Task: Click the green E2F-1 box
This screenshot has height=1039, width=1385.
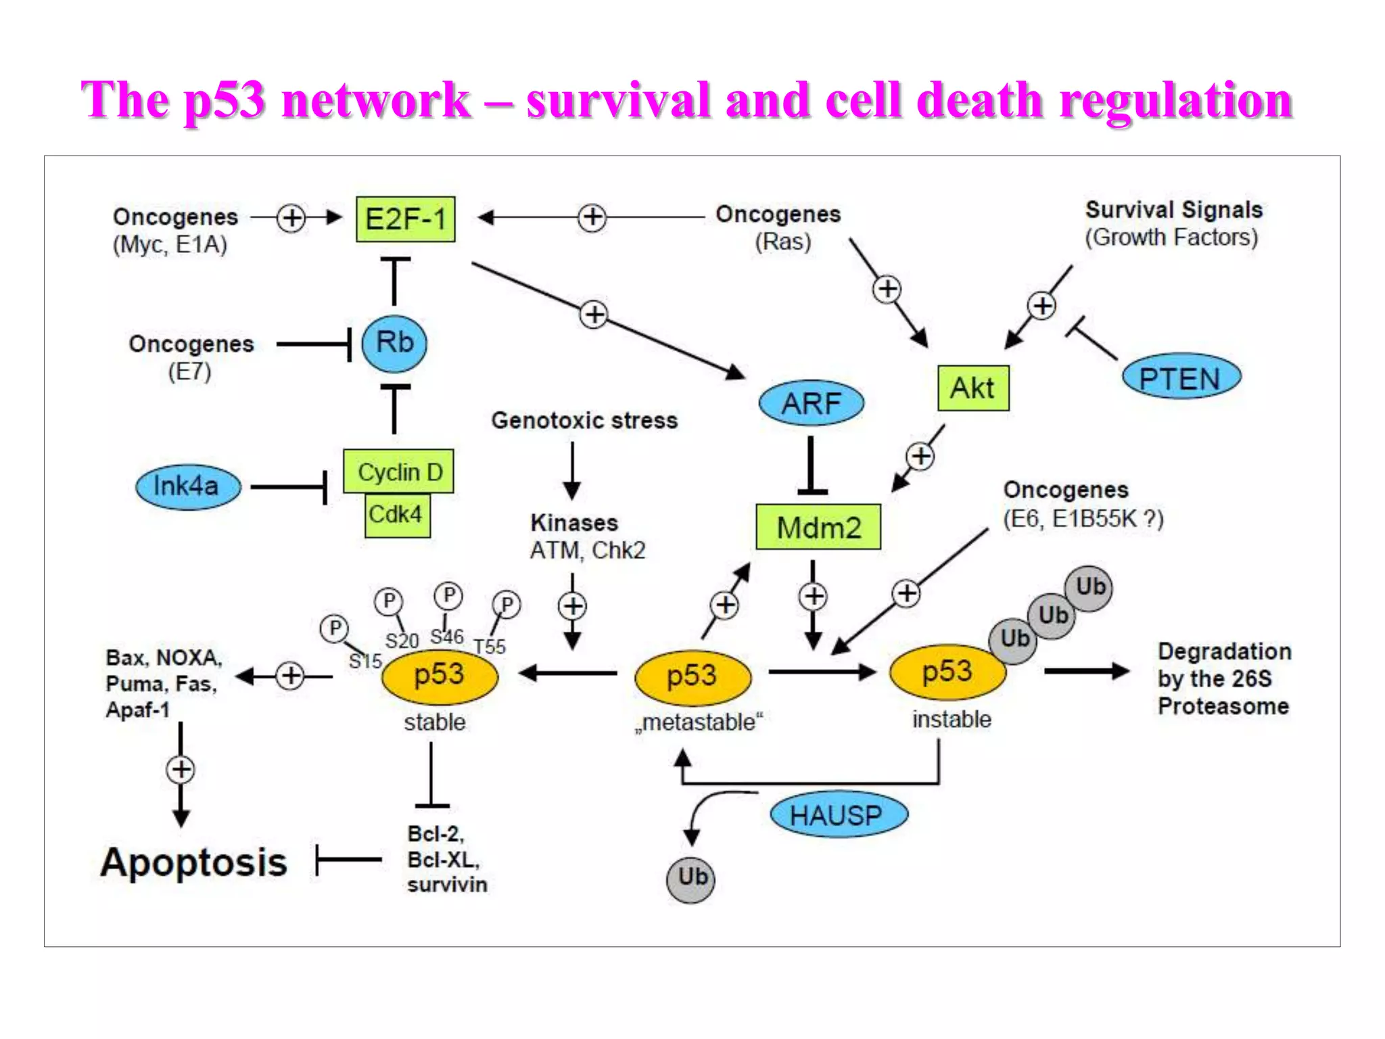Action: pyautogui.click(x=405, y=219)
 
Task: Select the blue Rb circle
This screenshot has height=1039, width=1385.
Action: pyautogui.click(x=394, y=343)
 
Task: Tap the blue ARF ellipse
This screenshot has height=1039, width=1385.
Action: pyautogui.click(x=811, y=403)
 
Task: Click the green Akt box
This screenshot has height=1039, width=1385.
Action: pyautogui.click(x=972, y=388)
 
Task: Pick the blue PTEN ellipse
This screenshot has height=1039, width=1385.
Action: pyautogui.click(x=1181, y=377)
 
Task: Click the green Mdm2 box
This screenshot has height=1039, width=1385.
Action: pyautogui.click(x=818, y=527)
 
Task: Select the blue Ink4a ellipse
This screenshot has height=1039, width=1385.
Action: pyautogui.click(x=187, y=486)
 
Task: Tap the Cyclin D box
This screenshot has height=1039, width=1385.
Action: pyautogui.click(x=399, y=471)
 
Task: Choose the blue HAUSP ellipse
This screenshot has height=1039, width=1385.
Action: pyautogui.click(x=838, y=815)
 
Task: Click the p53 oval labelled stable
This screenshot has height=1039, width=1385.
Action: pyautogui.click(x=440, y=675)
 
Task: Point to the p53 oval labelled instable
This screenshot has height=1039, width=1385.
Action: pyautogui.click(x=947, y=672)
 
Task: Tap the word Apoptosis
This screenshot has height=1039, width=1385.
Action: pyautogui.click(x=194, y=862)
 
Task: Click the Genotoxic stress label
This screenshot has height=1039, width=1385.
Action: pyautogui.click(x=584, y=421)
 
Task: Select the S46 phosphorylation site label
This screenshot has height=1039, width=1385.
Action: pyautogui.click(x=447, y=637)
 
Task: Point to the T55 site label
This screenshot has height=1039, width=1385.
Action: pyautogui.click(x=490, y=647)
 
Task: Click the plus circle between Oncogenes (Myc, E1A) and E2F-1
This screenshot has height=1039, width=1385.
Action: pyautogui.click(x=291, y=218)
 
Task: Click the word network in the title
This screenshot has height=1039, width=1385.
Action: pyautogui.click(x=376, y=100)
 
